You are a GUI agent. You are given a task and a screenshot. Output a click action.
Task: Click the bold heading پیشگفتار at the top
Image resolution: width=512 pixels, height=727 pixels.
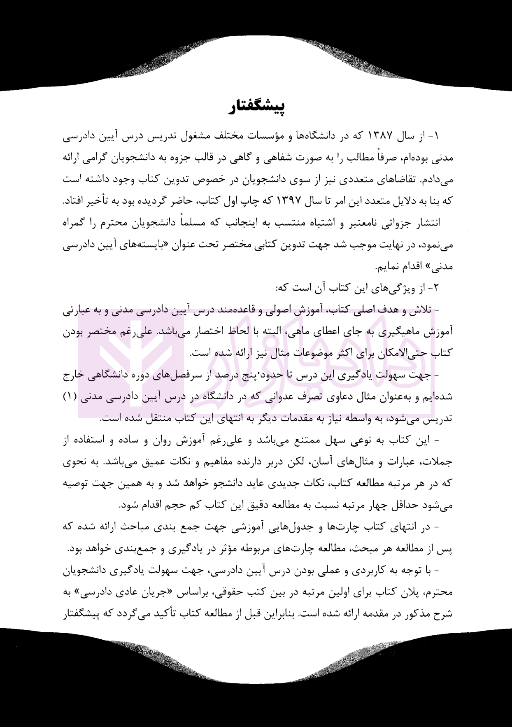click(x=258, y=106)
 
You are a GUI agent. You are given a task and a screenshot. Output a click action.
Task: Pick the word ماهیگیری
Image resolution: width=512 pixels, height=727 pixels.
click(x=411, y=332)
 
